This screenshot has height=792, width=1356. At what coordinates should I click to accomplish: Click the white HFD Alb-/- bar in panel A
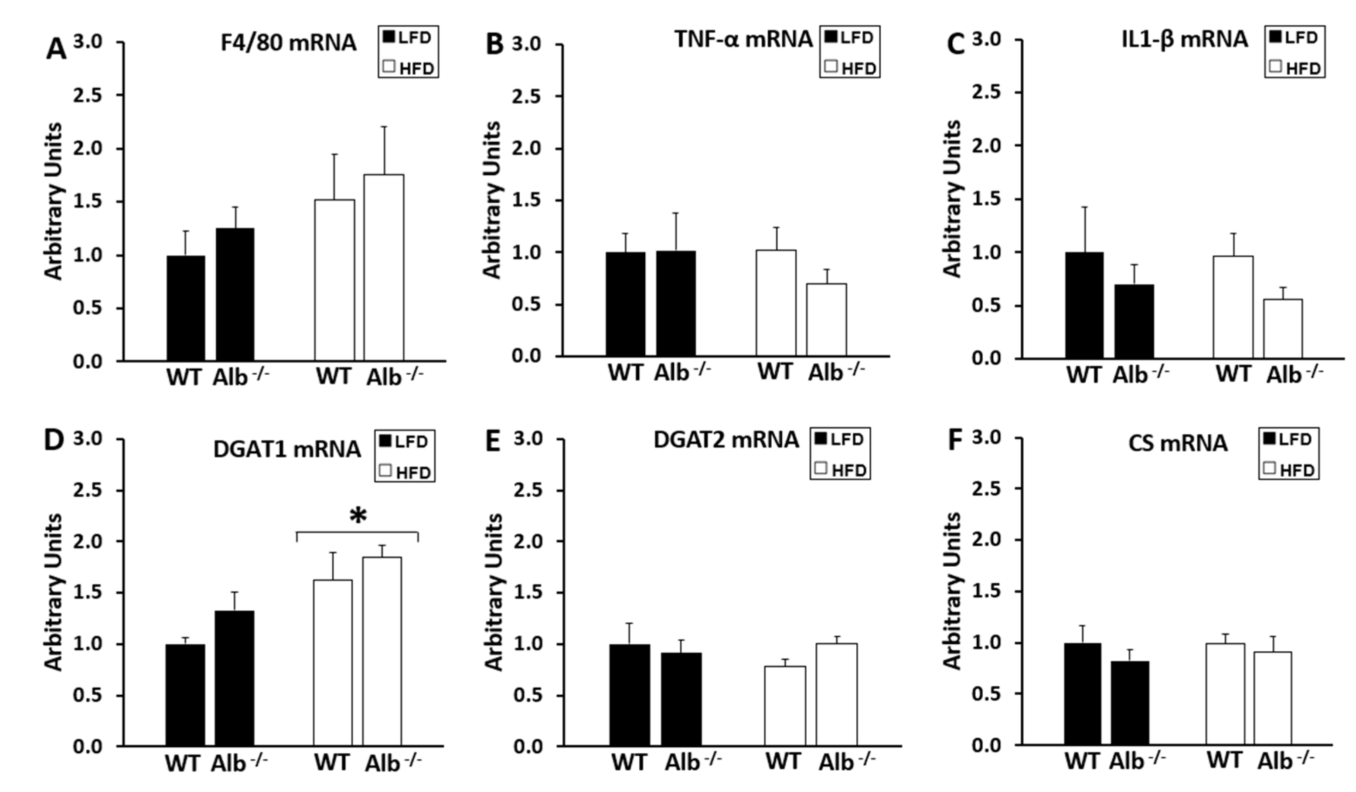coord(384,267)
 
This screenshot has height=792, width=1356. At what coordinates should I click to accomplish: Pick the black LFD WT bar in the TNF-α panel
coord(625,304)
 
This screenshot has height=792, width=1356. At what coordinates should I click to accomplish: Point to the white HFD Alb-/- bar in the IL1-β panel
coord(1283,329)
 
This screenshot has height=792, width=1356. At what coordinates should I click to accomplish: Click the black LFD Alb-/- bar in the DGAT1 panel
coord(235,678)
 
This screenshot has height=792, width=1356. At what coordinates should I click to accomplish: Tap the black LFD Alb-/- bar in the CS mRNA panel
coord(1129,703)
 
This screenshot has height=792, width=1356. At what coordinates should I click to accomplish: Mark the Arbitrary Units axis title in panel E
coord(494,592)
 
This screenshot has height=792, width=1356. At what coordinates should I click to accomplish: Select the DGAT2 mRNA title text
coord(726,440)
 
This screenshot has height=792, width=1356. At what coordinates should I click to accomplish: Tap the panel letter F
coord(954,439)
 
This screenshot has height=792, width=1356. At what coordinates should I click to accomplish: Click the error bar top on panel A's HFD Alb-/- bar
coord(384,127)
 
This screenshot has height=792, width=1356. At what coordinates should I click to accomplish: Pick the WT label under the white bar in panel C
coord(1234,374)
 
